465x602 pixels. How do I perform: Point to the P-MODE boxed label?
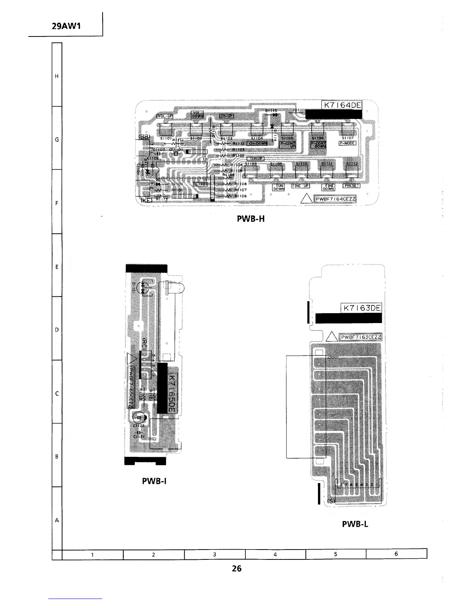click(x=347, y=143)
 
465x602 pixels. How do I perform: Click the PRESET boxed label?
click(x=351, y=186)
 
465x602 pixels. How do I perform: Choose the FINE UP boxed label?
click(x=301, y=186)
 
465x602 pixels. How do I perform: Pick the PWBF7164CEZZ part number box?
click(x=334, y=199)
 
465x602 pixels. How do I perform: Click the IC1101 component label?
click(x=200, y=184)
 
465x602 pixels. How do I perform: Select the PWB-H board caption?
click(x=251, y=219)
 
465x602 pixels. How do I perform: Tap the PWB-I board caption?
click(x=154, y=481)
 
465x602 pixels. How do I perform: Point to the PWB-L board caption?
click(x=355, y=524)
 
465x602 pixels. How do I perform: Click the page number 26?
click(x=237, y=569)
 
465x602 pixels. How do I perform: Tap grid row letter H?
click(x=57, y=76)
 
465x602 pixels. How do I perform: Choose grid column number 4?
click(x=275, y=554)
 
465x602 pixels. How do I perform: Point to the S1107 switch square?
click(x=348, y=129)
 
